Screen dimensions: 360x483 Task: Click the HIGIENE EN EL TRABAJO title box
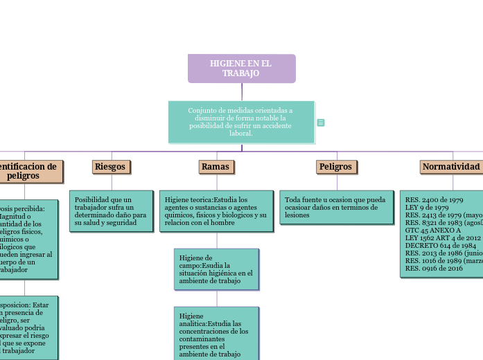[241, 69]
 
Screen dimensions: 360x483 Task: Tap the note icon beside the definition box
[321, 123]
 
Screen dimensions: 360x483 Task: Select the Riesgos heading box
[111, 167]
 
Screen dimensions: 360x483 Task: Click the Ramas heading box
[215, 167]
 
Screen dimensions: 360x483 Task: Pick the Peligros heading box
[335, 167]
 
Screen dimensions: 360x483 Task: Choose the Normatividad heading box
[450, 167]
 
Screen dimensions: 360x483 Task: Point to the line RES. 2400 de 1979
[434, 200]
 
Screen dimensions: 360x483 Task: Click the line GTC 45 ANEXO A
[432, 231]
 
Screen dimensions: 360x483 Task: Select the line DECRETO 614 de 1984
[440, 246]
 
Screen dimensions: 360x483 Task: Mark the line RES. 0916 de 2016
[434, 269]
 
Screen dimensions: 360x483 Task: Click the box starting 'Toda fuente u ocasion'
[335, 207]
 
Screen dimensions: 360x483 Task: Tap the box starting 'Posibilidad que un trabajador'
[111, 211]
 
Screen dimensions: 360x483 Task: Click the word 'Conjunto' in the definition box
[202, 111]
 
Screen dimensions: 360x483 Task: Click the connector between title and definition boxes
[242, 92]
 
